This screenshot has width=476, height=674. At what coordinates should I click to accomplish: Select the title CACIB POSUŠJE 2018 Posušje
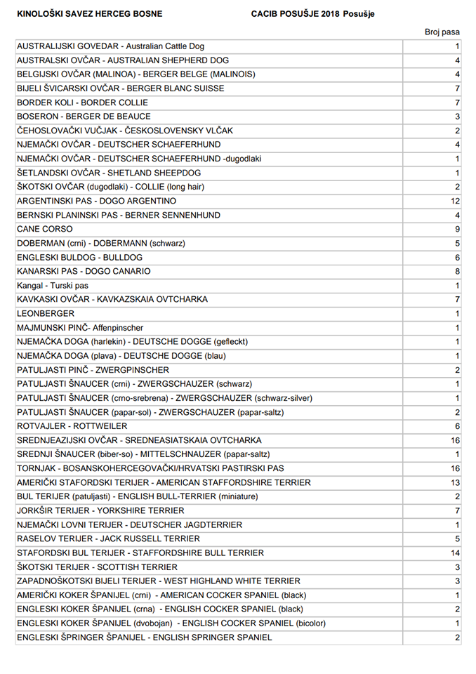pos(313,14)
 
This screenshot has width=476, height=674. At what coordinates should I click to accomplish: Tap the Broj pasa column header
pos(442,32)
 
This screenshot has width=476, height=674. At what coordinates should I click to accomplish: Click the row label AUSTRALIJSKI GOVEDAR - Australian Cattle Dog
pos(110,46)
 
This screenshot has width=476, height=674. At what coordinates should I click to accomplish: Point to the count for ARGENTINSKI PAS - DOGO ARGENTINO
pos(455,201)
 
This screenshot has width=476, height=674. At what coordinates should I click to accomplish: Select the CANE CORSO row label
pos(44,229)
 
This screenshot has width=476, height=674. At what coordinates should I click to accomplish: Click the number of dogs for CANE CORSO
pos(457,229)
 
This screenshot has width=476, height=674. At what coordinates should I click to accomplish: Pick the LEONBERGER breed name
pos(46,313)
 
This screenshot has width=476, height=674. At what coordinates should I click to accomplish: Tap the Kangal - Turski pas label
pos(53,285)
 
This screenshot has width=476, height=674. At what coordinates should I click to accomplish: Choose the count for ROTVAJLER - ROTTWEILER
pos(457,426)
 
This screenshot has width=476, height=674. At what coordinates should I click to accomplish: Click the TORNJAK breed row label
pos(150,468)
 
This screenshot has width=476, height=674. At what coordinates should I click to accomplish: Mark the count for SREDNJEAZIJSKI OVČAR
pos(455,440)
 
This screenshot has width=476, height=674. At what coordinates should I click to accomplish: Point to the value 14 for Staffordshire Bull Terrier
pos(455,553)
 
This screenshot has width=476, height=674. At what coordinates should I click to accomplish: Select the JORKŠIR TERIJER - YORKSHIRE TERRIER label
pos(100,510)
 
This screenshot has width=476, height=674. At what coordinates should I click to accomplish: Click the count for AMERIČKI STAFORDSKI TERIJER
pos(455,482)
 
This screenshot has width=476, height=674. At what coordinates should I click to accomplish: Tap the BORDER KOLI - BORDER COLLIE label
pos(82,103)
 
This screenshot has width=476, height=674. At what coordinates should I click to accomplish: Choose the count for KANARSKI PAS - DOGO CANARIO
pos(457,271)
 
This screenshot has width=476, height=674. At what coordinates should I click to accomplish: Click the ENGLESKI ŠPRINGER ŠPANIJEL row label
pos(144,637)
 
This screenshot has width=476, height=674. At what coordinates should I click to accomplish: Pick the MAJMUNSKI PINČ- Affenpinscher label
pos(80,327)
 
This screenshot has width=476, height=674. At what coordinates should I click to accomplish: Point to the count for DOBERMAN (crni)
pos(457,243)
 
